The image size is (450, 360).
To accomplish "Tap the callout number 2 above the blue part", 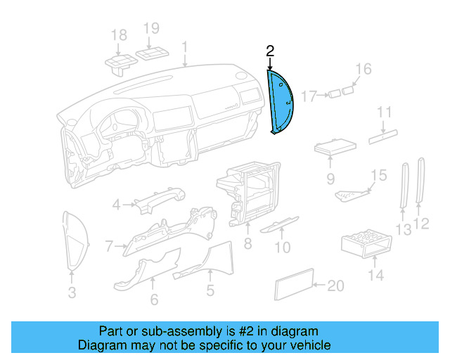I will coord(270,51).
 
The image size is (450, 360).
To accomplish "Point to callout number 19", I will coord(152,29).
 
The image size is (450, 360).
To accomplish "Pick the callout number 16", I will coord(363,69).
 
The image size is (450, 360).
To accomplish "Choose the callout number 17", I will coord(310,96).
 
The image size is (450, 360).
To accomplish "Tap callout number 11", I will coord(383,113).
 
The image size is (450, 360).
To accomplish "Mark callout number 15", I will coord(379,175).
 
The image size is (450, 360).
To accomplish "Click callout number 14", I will coord(377,275).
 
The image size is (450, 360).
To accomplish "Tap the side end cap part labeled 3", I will coord(73,239).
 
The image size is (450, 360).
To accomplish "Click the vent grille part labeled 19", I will coord(153,54).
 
